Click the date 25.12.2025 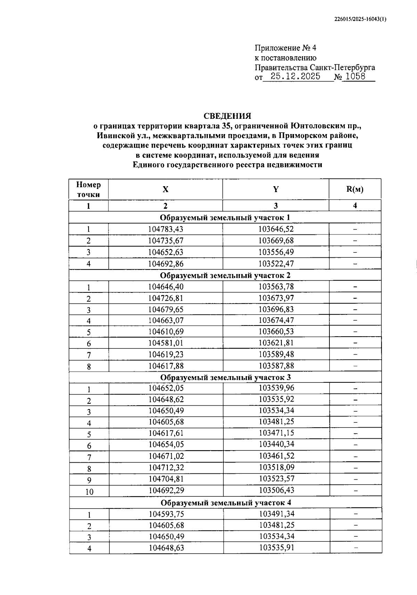(295, 77)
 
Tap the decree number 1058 (356, 77)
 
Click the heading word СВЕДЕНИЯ (227, 116)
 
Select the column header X (165, 189)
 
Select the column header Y (276, 189)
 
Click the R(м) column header (355, 189)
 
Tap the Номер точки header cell (89, 190)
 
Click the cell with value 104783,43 (165, 229)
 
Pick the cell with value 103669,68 (276, 241)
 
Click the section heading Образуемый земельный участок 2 (225, 275)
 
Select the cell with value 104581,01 (166, 343)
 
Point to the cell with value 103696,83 (276, 309)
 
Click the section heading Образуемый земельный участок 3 (226, 377)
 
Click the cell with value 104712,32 (166, 468)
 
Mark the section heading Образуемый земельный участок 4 (226, 503)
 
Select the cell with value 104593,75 (166, 514)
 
